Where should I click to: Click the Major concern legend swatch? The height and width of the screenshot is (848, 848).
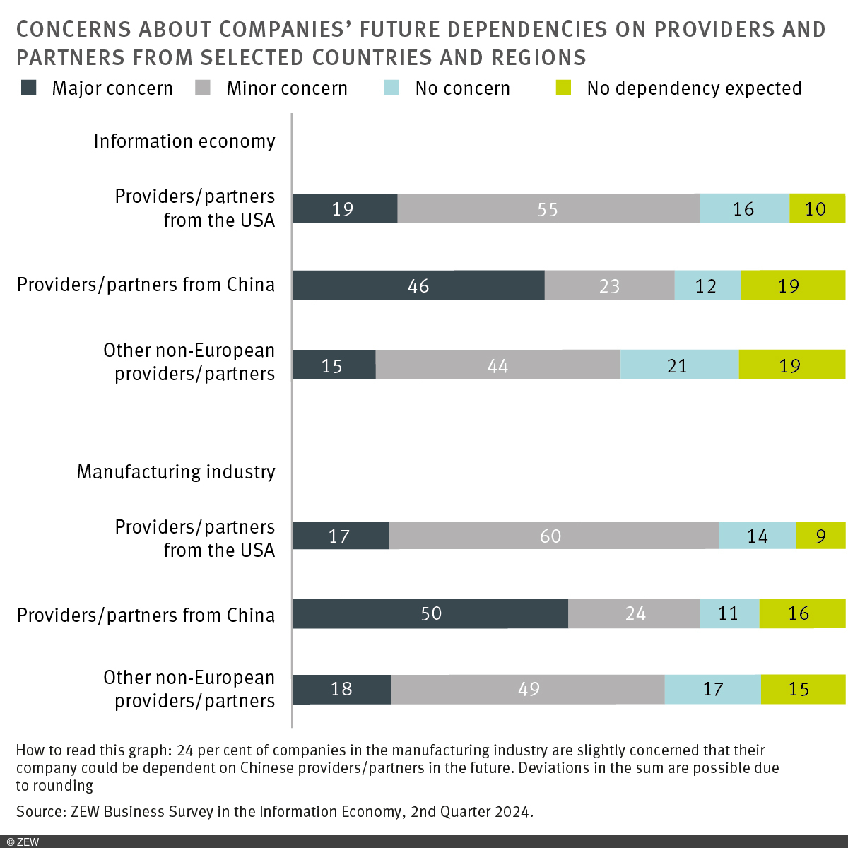(28, 88)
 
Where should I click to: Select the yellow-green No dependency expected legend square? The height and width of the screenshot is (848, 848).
(563, 88)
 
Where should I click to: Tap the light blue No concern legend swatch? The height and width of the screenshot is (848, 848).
(391, 88)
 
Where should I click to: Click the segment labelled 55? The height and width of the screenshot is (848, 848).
(548, 208)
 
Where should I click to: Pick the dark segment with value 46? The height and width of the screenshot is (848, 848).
(418, 285)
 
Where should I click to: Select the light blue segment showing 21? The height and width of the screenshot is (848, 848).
(679, 365)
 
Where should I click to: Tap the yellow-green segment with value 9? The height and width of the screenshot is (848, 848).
(820, 536)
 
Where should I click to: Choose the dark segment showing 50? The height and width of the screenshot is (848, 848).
(430, 613)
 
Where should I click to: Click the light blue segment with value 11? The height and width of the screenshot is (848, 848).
(729, 613)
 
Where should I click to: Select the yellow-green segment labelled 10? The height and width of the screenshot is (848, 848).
(817, 208)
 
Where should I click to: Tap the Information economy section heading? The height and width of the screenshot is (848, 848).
(184, 141)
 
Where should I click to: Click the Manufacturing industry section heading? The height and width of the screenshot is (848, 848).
(176, 471)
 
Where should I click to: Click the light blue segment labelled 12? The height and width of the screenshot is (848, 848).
(707, 285)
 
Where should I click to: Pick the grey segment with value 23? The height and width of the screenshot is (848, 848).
(609, 285)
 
